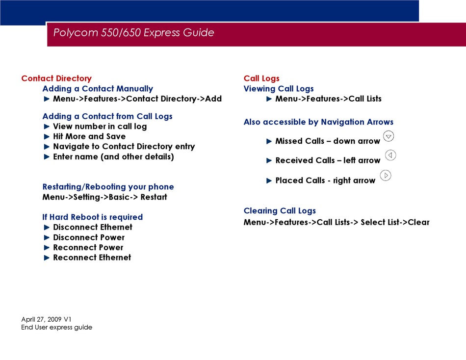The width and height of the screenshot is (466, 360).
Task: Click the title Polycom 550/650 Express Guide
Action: click(x=133, y=32)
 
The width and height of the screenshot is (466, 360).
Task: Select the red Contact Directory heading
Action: click(x=56, y=78)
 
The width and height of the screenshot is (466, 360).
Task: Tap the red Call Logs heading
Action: click(x=261, y=78)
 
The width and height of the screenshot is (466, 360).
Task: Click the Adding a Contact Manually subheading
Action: click(x=98, y=89)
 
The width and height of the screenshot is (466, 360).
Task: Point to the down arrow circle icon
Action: click(x=388, y=136)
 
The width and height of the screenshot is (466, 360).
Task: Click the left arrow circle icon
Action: click(x=390, y=155)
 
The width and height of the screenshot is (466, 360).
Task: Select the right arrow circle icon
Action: click(x=386, y=176)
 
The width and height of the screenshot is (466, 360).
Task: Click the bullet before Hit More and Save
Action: click(x=47, y=136)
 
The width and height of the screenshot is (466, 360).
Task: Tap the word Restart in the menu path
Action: click(x=154, y=197)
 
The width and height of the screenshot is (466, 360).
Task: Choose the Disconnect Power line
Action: click(x=89, y=237)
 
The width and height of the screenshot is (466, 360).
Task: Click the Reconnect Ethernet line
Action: click(x=92, y=257)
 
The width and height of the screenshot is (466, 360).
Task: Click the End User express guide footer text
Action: click(x=57, y=327)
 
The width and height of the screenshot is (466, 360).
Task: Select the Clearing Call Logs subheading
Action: click(x=280, y=211)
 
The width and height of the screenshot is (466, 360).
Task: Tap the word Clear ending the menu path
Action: click(x=418, y=222)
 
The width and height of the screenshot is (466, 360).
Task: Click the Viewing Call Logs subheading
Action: click(x=279, y=89)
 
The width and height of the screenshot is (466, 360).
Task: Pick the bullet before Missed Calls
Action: click(x=269, y=141)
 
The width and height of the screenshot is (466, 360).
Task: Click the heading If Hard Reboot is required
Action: click(x=92, y=217)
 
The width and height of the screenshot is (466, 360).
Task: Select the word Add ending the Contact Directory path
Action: click(x=213, y=99)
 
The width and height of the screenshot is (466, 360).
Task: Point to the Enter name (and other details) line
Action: click(x=113, y=156)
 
